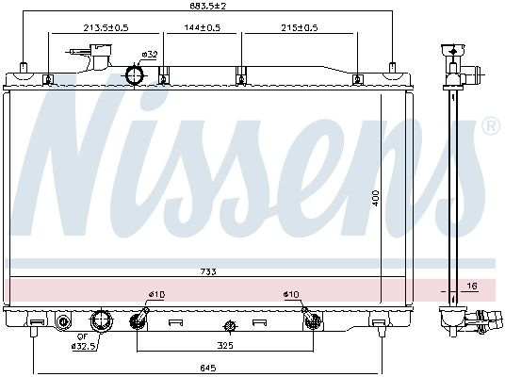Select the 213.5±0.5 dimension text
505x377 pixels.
[x=106, y=27]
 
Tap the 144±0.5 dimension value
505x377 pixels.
[x=203, y=27]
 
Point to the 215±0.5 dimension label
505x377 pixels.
[x=300, y=27]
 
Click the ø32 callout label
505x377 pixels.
[x=150, y=55]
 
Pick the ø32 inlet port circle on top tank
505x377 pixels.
[x=135, y=75]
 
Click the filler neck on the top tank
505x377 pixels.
[x=101, y=57]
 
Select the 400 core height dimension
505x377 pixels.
[x=376, y=198]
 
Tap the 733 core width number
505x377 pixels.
[x=208, y=271]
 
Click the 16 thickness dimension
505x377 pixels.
[x=472, y=286]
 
